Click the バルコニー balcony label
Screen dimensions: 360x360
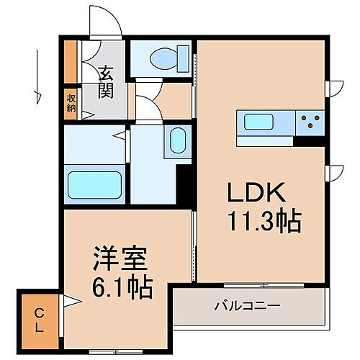(x=246, y=306)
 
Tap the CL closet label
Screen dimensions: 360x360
(x=38, y=318)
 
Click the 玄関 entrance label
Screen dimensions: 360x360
(x=106, y=81)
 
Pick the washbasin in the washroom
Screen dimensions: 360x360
(x=177, y=140)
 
